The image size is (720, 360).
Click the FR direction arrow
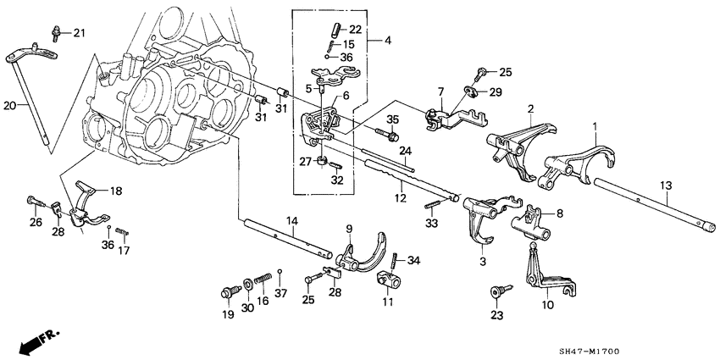[32, 341]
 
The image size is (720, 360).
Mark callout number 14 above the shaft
[291, 220]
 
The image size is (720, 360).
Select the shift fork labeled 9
[361, 258]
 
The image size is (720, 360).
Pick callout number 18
[114, 191]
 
